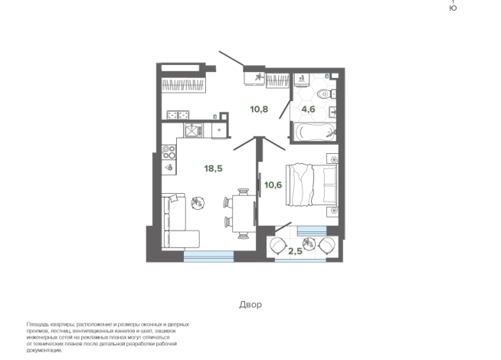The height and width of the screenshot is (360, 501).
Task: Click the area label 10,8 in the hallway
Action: [x=259, y=110]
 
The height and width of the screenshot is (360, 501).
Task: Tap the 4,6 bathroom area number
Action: [x=308, y=110]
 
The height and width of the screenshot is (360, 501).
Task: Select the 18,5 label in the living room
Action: [x=214, y=169]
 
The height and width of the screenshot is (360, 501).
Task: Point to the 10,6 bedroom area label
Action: [x=273, y=185]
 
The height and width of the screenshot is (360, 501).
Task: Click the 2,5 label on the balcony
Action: [x=295, y=251]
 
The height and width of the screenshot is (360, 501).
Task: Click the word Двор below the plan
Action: [x=250, y=304]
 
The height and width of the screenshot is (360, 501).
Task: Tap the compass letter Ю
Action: [x=453, y=8]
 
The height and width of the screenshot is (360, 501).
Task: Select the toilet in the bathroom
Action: [x=326, y=94]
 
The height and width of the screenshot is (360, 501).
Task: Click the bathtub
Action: [x=315, y=133]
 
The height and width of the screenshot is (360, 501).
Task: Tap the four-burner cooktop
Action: [x=169, y=152]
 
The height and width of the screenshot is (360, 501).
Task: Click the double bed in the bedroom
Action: [x=312, y=185]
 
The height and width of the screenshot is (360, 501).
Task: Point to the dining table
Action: [x=244, y=214]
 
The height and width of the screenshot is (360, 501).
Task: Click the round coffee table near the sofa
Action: [x=198, y=202]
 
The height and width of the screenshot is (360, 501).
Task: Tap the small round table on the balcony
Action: [x=309, y=244]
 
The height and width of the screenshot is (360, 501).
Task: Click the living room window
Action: [x=208, y=256]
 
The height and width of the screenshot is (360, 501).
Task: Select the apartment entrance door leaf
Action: [x=231, y=58]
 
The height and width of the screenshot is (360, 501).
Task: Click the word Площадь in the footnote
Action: [x=36, y=325]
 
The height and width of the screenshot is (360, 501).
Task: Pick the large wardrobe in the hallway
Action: [x=183, y=85]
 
